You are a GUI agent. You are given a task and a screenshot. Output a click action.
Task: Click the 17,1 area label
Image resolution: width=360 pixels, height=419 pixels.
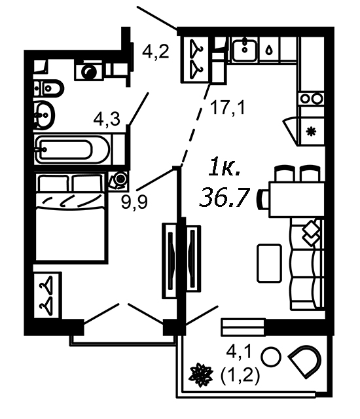[228, 107]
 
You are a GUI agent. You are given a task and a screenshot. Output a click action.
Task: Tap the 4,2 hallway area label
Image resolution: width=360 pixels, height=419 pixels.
[155, 52]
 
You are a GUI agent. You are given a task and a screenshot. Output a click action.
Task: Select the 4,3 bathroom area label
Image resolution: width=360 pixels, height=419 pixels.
[107, 119]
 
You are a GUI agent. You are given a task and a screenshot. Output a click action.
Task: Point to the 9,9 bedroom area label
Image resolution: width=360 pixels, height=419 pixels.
[134, 202]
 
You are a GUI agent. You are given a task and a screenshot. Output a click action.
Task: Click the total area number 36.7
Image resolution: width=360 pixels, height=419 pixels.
[225, 198]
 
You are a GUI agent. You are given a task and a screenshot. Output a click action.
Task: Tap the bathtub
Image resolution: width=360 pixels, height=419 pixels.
[72, 150]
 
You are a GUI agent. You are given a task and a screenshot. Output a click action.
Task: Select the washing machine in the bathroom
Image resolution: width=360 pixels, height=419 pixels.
[89, 71]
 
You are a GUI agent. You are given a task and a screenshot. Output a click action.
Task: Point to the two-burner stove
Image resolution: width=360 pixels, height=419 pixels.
[312, 99]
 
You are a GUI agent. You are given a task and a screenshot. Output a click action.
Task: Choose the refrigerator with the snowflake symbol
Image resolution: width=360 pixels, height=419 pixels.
[311, 131]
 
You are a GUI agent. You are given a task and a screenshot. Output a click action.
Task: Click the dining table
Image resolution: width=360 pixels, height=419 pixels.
[297, 199]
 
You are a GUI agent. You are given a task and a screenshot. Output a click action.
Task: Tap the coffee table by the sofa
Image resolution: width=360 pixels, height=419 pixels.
[269, 263]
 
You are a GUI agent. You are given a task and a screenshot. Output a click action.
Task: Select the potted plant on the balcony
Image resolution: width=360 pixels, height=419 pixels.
[201, 375]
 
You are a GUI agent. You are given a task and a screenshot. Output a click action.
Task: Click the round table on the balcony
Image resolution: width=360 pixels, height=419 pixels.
[271, 357]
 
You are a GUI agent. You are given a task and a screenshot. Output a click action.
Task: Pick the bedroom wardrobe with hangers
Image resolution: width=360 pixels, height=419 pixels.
[48, 295]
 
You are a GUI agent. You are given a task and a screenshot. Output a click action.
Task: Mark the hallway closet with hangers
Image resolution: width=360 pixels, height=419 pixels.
[196, 60]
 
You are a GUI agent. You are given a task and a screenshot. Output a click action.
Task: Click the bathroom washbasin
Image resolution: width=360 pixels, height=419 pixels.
[43, 115]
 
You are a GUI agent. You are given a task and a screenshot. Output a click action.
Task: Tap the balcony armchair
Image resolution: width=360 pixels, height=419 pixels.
[305, 361]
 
